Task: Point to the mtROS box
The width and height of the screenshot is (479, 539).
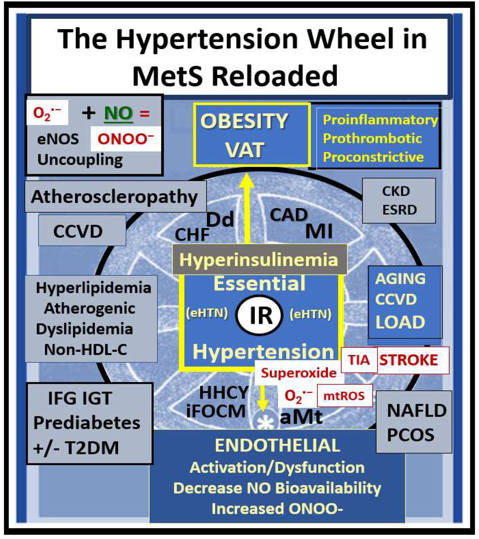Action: click(344, 396)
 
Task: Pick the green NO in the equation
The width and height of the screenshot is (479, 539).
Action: click(118, 113)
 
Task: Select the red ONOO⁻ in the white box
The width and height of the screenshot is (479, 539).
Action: click(126, 139)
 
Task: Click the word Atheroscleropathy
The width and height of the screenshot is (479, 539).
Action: click(114, 197)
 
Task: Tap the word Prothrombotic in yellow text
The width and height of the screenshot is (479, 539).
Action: click(372, 138)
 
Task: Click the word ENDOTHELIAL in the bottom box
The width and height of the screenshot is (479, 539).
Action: click(277, 446)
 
